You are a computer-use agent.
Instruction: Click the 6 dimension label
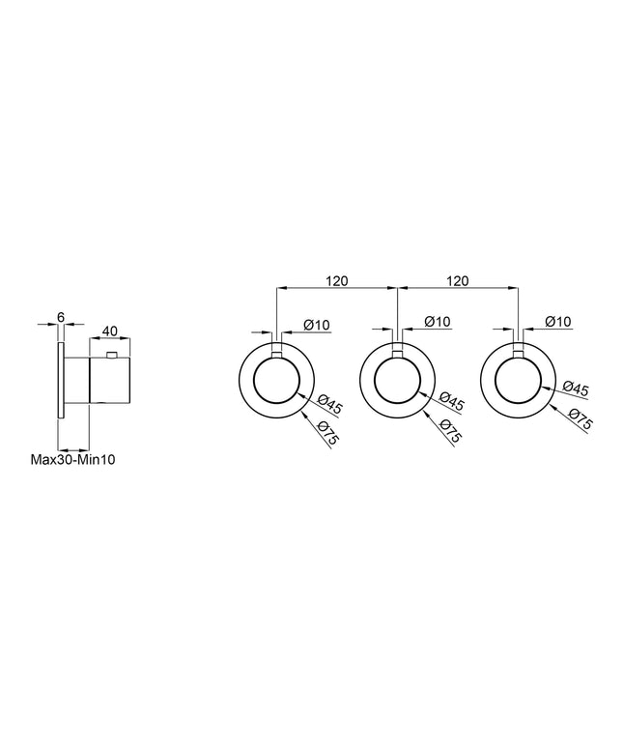pyautogui.click(x=61, y=317)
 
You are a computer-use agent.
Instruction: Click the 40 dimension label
pyautogui.click(x=110, y=331)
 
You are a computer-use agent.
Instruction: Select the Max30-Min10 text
pyautogui.click(x=73, y=460)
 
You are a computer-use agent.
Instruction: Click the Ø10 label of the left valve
pyautogui.click(x=317, y=325)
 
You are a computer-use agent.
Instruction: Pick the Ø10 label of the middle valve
pyautogui.click(x=438, y=322)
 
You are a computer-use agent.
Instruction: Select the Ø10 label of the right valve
pyautogui.click(x=557, y=322)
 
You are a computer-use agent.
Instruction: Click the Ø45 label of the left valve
pyautogui.click(x=330, y=405)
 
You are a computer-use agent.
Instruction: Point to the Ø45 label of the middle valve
pyautogui.click(x=451, y=401)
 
